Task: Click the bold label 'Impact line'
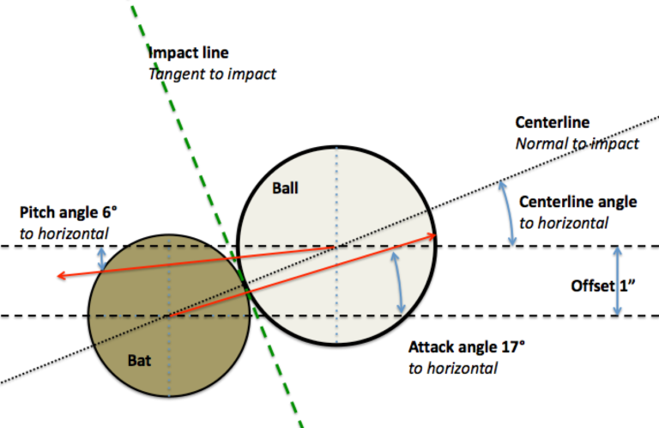click(189, 52)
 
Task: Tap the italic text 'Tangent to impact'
click(212, 74)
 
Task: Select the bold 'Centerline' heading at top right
click(553, 122)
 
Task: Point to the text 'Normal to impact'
click(577, 144)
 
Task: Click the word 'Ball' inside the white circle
click(286, 188)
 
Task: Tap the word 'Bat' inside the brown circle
click(139, 361)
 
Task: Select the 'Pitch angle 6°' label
click(69, 212)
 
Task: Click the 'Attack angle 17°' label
click(467, 347)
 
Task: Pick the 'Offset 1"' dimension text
click(602, 286)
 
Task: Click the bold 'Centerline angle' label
click(577, 202)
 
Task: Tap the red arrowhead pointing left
click(62, 276)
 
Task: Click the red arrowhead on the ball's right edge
click(431, 236)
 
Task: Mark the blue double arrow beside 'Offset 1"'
click(617, 281)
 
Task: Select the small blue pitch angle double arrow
click(102, 259)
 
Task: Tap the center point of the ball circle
click(336, 246)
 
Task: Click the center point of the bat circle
click(169, 315)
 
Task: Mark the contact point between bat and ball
click(245, 284)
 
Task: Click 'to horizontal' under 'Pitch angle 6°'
click(63, 234)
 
